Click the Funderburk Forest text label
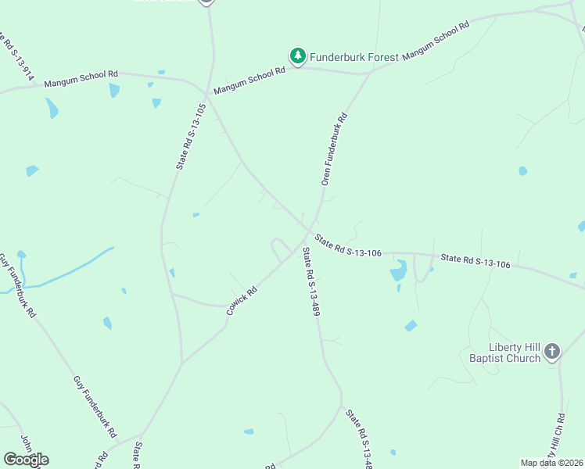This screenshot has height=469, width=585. (x=354, y=57)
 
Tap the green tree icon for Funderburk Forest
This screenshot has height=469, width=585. (x=297, y=55)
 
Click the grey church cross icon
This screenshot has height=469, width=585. (x=552, y=352)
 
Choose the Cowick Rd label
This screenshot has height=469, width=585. (x=242, y=300)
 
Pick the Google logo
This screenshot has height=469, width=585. (x=26, y=459)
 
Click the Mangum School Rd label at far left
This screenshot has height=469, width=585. (x=81, y=78)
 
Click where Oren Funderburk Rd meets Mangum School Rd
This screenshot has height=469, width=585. (x=369, y=74)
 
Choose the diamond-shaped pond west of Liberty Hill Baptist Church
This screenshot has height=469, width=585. (x=411, y=326)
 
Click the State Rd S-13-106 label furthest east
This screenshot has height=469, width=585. (x=475, y=261)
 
